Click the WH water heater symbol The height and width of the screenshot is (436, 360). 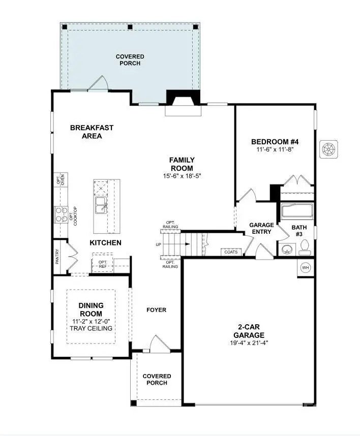click(x=306, y=268)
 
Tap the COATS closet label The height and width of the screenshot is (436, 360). click(x=230, y=252)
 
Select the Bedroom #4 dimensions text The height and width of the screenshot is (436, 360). click(x=276, y=150)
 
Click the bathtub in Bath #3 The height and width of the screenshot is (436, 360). click(x=297, y=211)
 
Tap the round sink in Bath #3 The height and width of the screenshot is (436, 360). click(x=287, y=249)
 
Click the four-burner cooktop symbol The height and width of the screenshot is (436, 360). click(x=61, y=214)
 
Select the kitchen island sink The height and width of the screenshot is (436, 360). click(x=101, y=206)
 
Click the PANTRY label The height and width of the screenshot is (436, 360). click(x=57, y=256)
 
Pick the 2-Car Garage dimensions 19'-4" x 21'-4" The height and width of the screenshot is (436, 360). click(x=249, y=343)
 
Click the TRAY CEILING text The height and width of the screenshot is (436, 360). click(x=91, y=328)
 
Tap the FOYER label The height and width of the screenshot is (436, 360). click(x=156, y=310)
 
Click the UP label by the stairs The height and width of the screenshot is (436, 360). click(x=159, y=244)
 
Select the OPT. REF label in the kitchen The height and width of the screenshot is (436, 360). click(x=103, y=263)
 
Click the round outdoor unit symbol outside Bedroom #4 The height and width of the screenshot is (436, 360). click(x=329, y=149)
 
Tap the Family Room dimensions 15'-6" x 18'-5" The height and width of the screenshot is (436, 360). click(x=182, y=176)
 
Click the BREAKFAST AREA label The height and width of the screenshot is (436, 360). click(x=92, y=132)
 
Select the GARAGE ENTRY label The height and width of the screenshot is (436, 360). click(x=261, y=228)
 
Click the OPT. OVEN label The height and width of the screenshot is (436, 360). click(x=60, y=180)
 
